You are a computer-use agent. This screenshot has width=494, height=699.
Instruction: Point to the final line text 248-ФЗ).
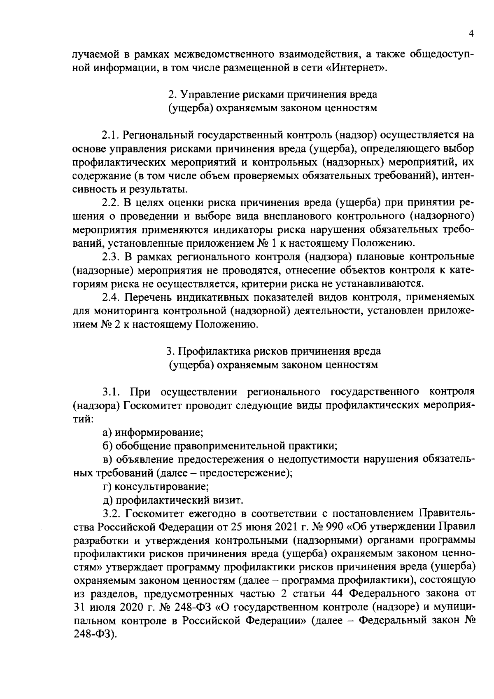click(x=94, y=634)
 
